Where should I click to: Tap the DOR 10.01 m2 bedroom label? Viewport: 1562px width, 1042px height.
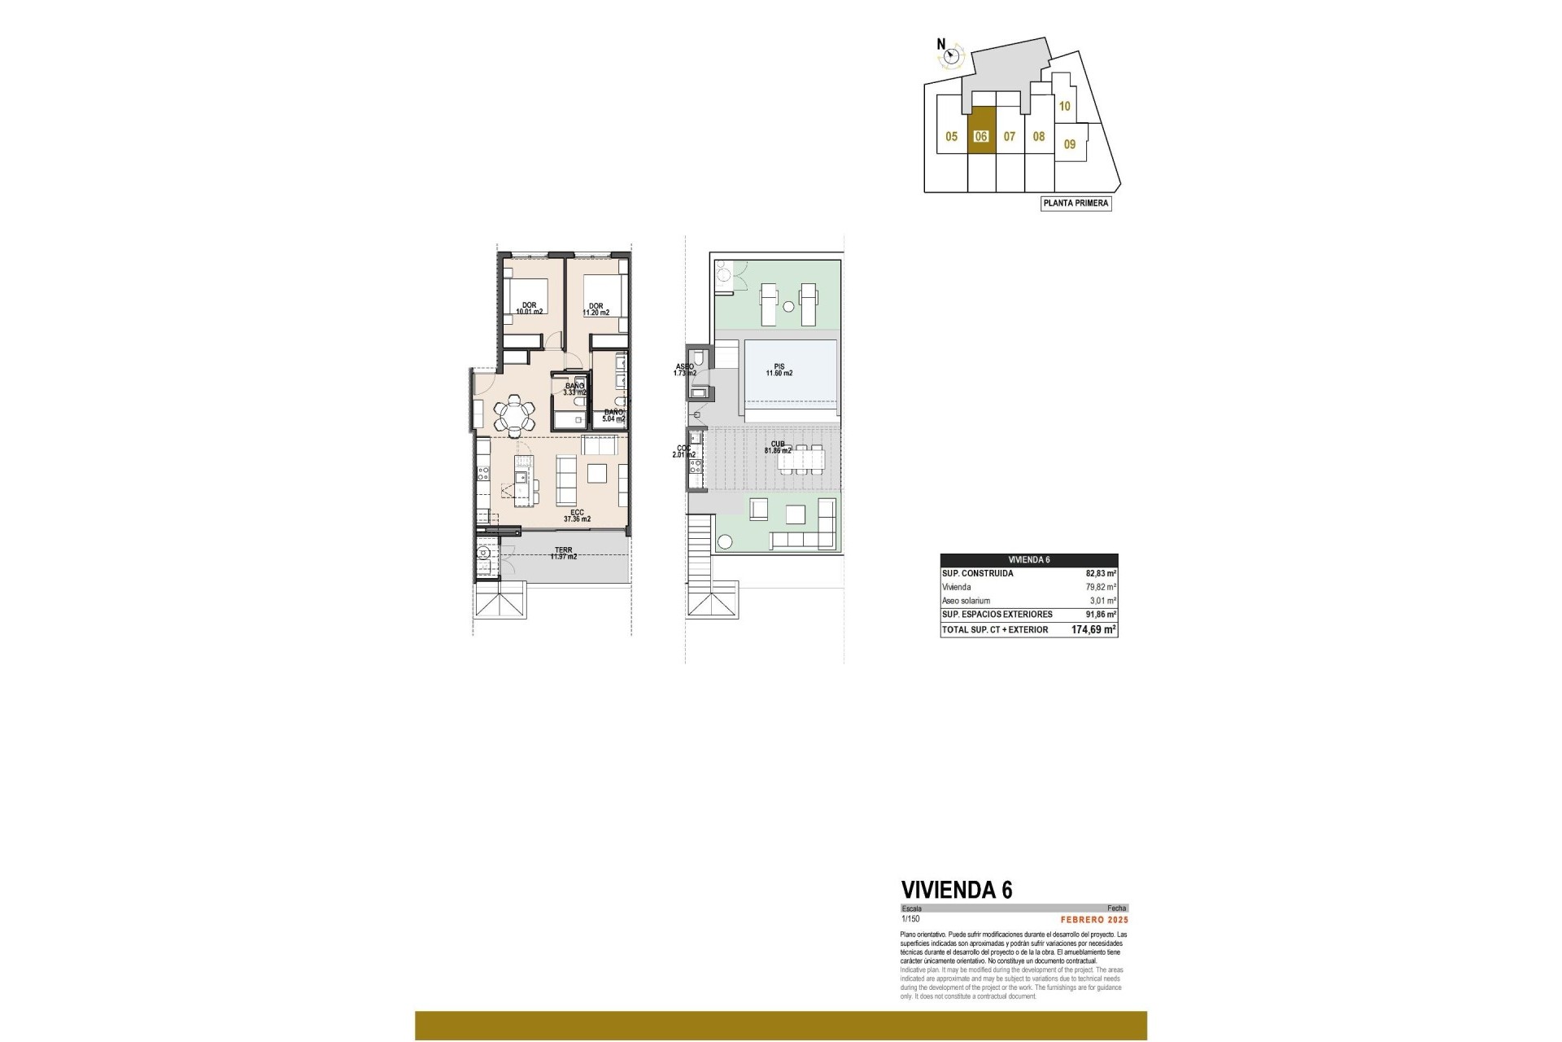coord(529,309)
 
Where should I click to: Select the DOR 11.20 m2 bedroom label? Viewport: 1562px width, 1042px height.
coord(596,309)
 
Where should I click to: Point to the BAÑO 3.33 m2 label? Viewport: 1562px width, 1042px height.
coord(574,389)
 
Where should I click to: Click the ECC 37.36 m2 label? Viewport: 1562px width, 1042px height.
coord(577,515)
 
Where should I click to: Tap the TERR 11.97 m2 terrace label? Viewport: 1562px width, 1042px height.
coord(563,554)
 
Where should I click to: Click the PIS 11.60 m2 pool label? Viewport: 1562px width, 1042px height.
coord(779,370)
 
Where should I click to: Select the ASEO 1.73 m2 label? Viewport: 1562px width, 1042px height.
coord(684,370)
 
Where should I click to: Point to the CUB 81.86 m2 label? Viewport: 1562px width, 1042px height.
coord(779,447)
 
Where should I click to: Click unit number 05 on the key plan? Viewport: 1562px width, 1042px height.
coord(951,137)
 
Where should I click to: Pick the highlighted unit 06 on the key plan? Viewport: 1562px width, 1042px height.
coord(981,137)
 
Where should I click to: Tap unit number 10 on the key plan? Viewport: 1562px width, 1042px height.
coord(1064,106)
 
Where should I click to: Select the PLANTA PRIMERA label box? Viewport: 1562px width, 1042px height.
coord(1076,204)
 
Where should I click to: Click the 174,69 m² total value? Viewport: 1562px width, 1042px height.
coord(1093,629)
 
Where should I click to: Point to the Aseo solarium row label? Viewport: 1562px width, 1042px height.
coord(966,601)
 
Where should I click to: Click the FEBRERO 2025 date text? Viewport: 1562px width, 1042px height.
coord(1094,920)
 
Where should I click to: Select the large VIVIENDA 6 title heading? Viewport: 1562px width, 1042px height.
coord(957,890)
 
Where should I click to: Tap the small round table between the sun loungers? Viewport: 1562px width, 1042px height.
coord(788,306)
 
